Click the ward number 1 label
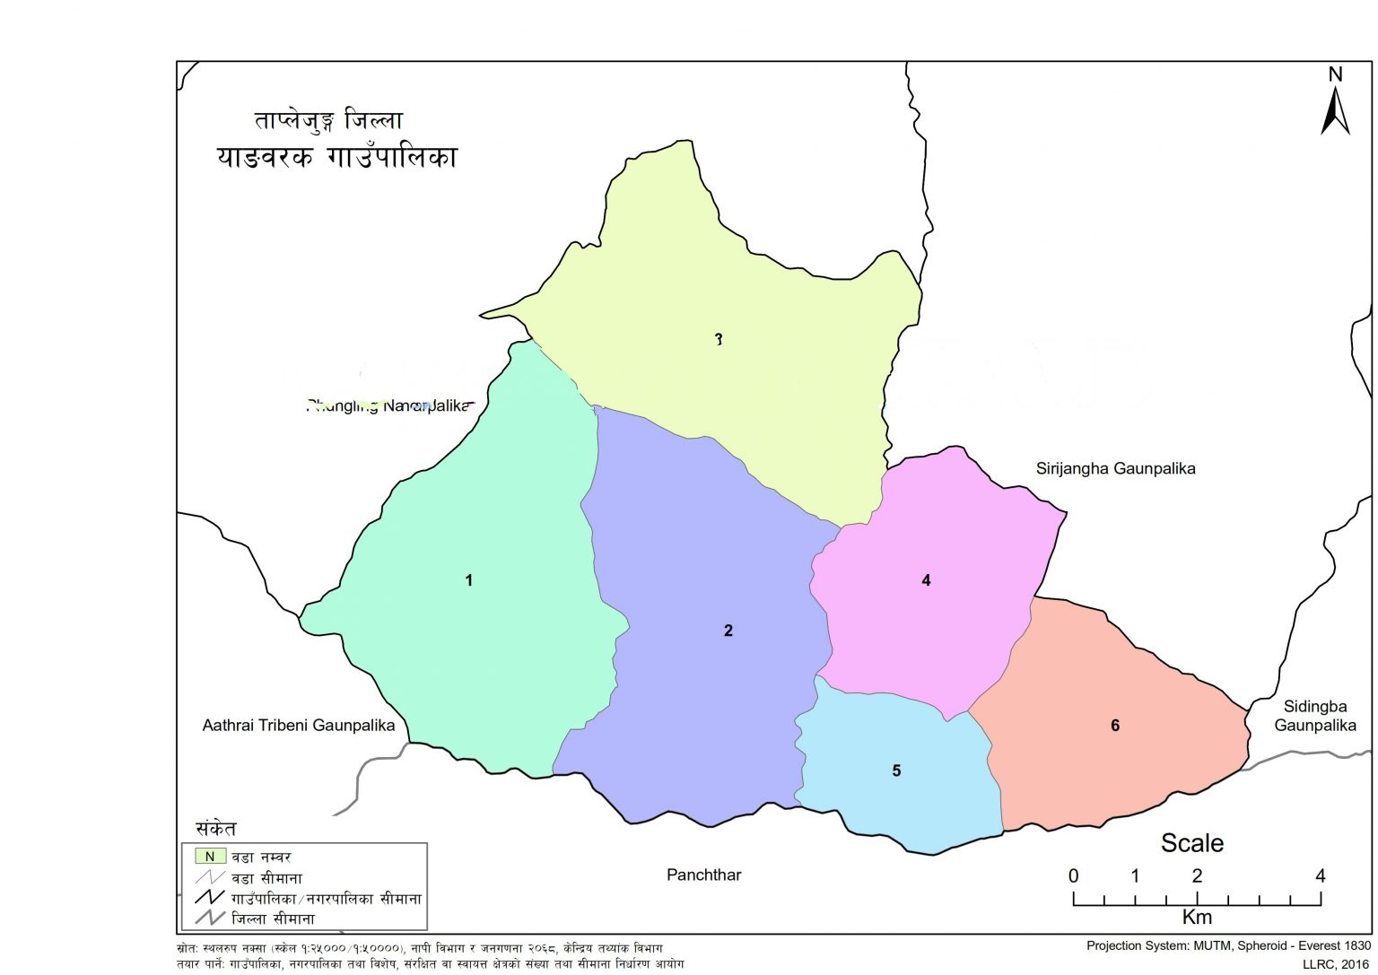point(468,580)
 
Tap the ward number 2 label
point(728,631)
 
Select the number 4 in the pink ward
point(926,580)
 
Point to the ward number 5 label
point(895,770)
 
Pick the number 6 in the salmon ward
point(1114,725)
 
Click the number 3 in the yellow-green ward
point(718,339)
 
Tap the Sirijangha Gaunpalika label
point(1115,468)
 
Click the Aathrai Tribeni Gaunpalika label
point(298,725)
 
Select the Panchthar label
point(703,875)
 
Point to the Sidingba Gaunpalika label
point(1314,716)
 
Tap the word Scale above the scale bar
point(1191,843)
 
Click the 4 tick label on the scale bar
point(1320,876)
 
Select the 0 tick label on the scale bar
point(1073,876)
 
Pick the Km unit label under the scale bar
point(1197,917)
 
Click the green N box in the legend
point(210,857)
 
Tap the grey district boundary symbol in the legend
point(210,918)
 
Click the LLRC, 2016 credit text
point(1336,964)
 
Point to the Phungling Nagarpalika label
point(388,405)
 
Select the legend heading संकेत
point(216,829)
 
